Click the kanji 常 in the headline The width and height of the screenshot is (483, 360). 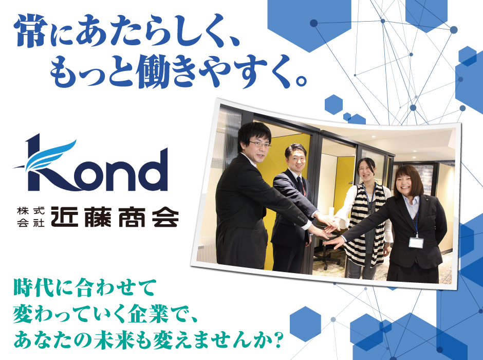tap(30, 31)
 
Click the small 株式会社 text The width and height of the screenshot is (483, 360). tap(31, 217)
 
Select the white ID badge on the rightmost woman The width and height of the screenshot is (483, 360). tap(416, 242)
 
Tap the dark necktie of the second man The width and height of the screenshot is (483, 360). tap(301, 185)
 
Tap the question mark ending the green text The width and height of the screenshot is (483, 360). tap(278, 339)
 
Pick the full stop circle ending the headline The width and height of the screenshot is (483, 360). tap(301, 80)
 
